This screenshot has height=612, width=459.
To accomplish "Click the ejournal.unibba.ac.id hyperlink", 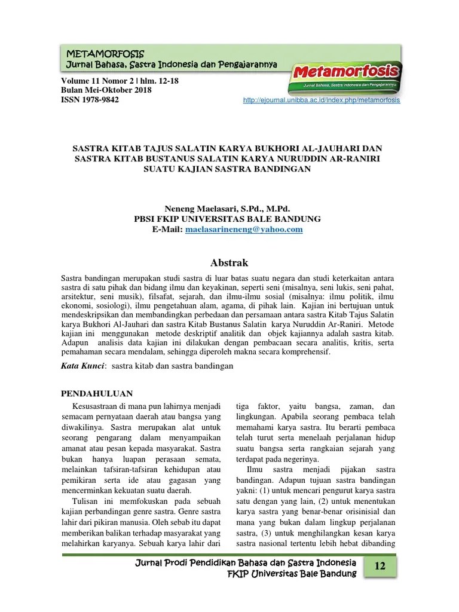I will point(322,100).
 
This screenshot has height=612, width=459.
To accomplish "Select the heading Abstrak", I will point(229,263).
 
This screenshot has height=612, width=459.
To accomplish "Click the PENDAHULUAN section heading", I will point(97,393).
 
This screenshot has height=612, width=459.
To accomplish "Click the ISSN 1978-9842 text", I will point(90,100).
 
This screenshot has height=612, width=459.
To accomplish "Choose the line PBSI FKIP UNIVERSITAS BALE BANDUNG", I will point(227,219).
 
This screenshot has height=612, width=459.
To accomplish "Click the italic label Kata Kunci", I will point(84,365).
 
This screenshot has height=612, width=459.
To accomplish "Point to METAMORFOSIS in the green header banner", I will point(105,54).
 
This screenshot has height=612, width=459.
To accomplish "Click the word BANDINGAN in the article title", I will point(283,169).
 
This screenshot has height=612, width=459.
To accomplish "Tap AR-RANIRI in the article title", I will point(353,158).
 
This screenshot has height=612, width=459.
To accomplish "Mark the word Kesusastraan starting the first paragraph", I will point(96,407).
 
